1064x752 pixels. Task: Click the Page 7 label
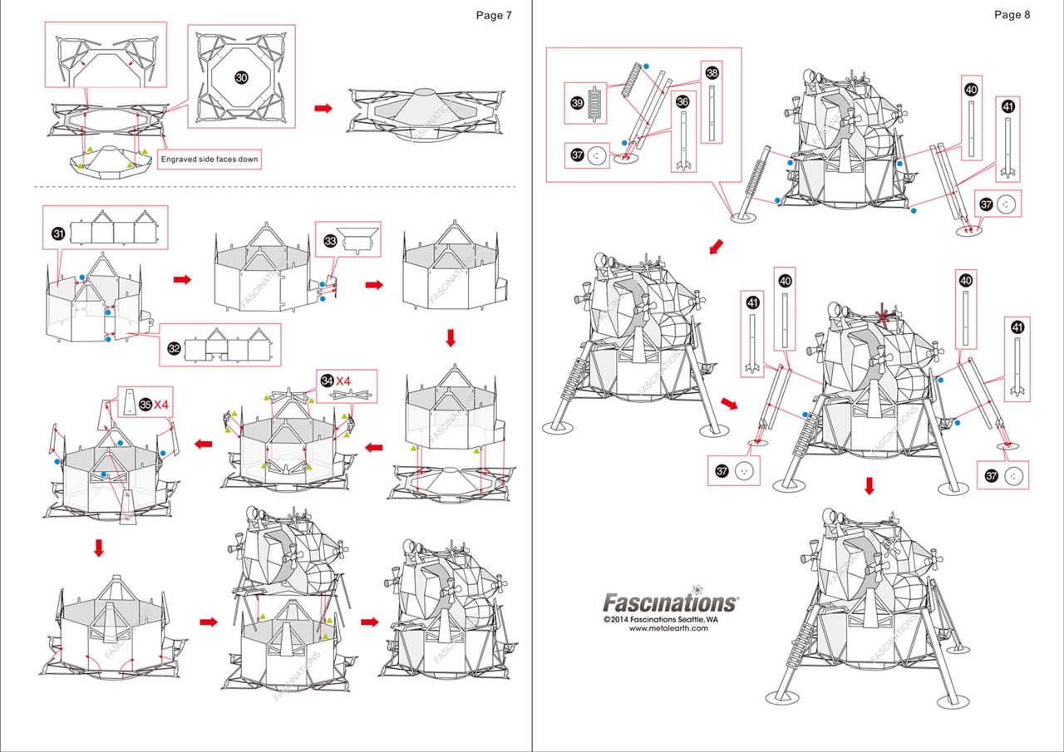tap(494, 15)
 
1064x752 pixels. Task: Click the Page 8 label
tap(1012, 15)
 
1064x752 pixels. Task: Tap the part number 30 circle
tap(241, 76)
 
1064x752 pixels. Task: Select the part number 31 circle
tap(58, 233)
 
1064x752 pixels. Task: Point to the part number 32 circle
tap(174, 348)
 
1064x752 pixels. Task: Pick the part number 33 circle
tap(330, 241)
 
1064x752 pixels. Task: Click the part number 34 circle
tap(328, 381)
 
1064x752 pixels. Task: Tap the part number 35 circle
tap(145, 405)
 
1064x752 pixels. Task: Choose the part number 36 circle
tap(682, 101)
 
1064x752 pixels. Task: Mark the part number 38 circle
tap(712, 73)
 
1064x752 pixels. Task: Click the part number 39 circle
tap(577, 102)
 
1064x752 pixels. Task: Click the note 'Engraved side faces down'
tap(209, 159)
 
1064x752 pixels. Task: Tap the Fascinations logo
tap(669, 602)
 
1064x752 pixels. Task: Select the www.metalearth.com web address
tap(668, 628)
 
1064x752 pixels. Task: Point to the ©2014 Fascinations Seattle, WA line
tap(656, 619)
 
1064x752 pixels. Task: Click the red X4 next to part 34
tap(344, 381)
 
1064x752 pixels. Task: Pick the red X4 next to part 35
tap(162, 405)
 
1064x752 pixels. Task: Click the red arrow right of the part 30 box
tap(322, 108)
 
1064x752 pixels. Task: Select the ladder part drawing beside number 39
tap(594, 104)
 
